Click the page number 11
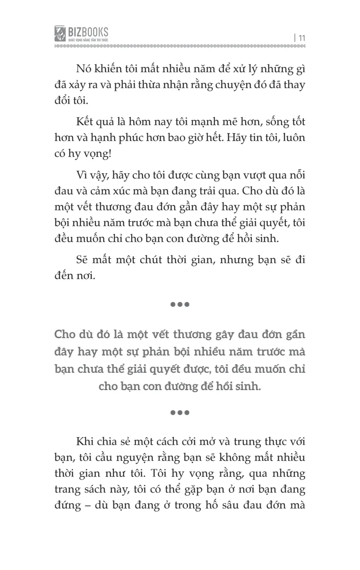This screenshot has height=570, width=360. click(x=301, y=38)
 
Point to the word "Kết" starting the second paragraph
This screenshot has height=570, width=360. click(x=85, y=122)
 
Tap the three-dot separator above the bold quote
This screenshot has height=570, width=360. click(x=180, y=304)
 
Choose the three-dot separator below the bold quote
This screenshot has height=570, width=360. click(x=180, y=413)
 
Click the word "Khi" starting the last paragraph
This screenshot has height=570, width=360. click(x=85, y=442)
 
